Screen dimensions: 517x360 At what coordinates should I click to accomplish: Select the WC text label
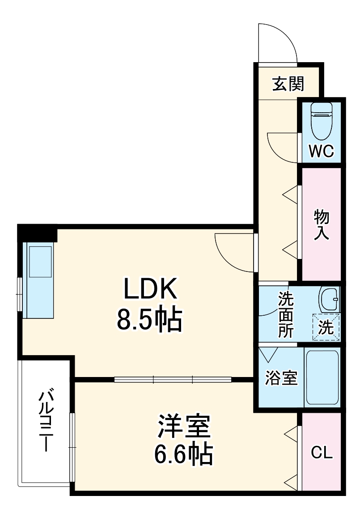[322, 152]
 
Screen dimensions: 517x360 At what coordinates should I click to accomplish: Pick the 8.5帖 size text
[149, 319]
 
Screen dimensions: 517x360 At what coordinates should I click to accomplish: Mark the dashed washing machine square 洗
[326, 327]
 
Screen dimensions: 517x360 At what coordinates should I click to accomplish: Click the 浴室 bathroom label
[281, 378]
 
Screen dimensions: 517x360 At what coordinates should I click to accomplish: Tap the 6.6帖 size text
[183, 454]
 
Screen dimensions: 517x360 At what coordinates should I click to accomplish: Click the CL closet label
[322, 453]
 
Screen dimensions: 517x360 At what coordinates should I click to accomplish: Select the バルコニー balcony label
[46, 420]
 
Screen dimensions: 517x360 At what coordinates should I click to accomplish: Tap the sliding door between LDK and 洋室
[173, 380]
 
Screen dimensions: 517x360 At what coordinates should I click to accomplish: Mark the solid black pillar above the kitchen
[38, 233]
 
